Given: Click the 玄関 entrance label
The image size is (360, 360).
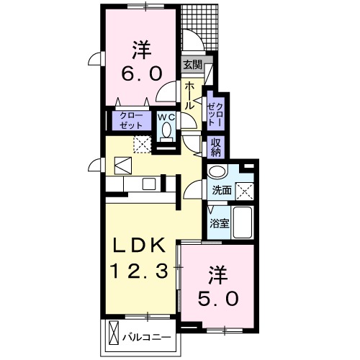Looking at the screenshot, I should [192, 64].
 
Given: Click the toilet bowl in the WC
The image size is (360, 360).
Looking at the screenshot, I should [166, 131].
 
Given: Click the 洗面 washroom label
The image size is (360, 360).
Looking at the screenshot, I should [220, 190].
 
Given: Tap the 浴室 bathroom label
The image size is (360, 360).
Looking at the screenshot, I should [220, 223].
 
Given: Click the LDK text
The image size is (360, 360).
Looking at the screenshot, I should [143, 245].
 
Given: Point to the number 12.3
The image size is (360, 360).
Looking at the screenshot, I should [143, 272].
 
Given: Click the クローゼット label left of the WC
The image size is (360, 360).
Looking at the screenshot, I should [130, 120].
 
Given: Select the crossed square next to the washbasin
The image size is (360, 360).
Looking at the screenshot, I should [247, 191].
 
